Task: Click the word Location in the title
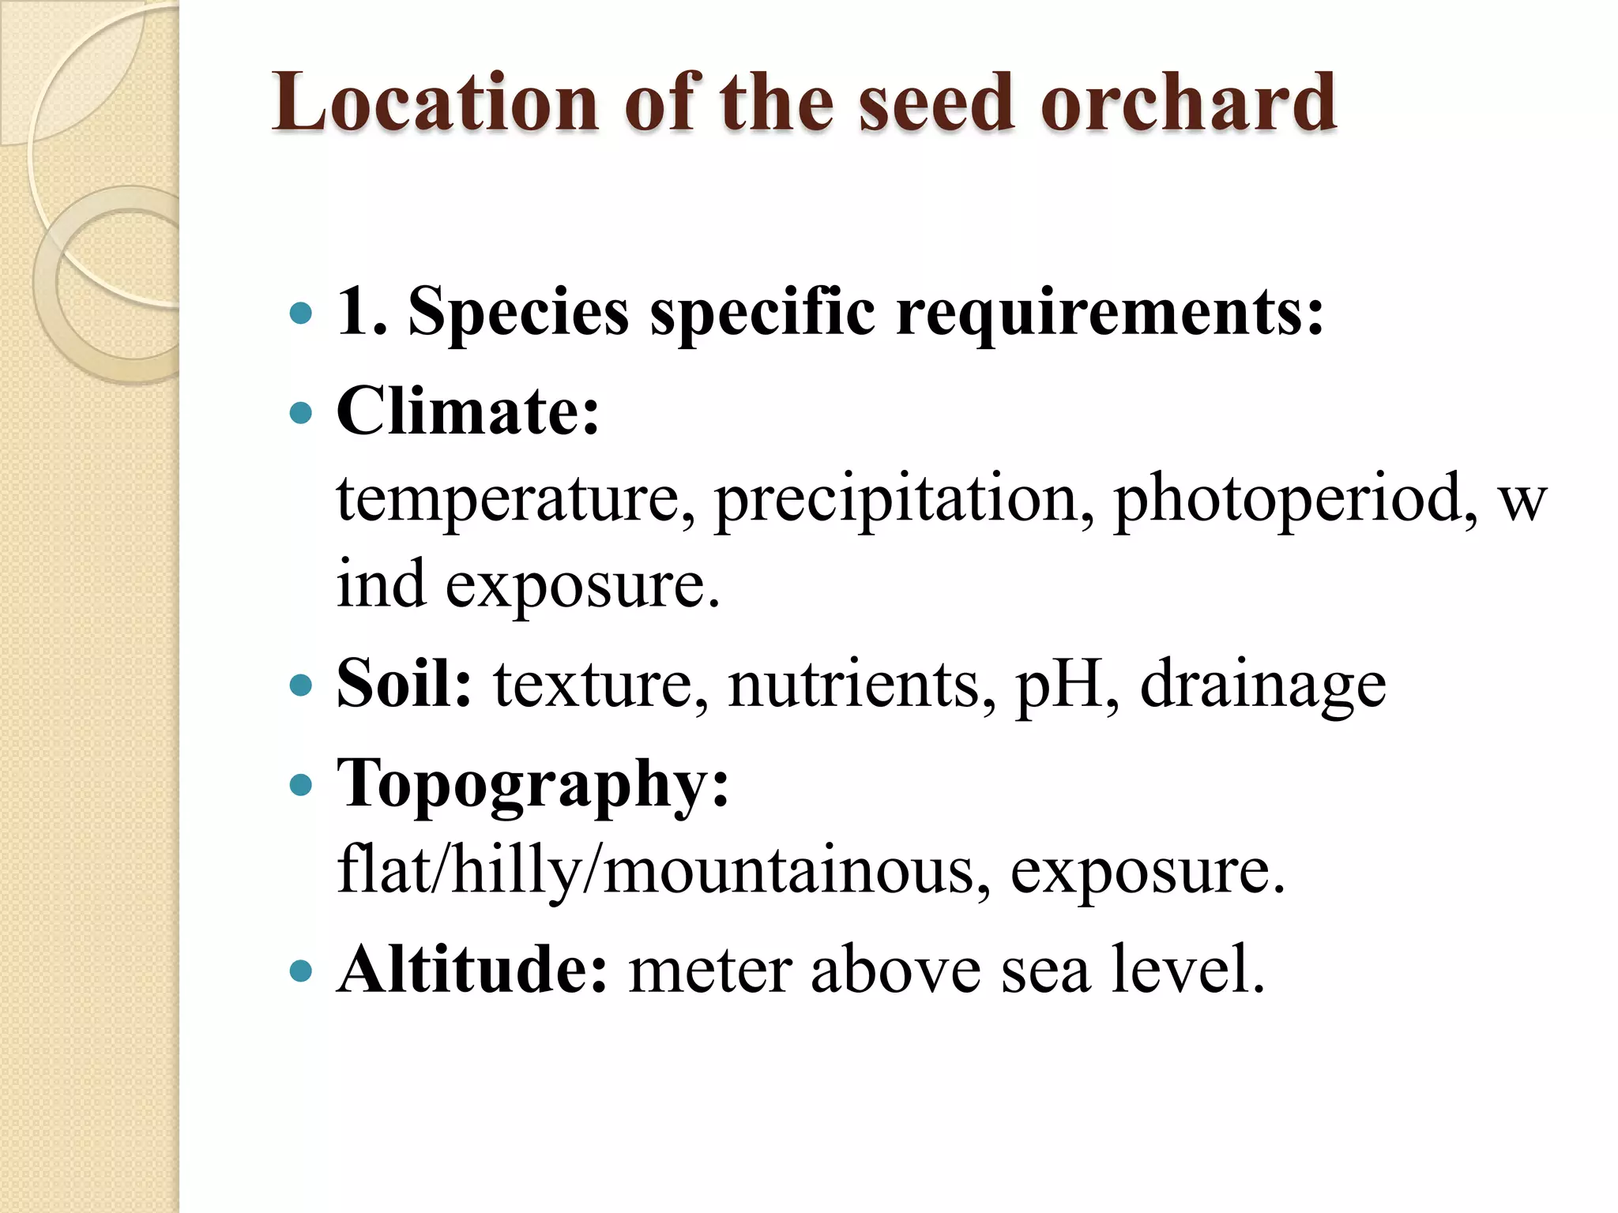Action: (x=435, y=103)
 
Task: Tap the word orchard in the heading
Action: (x=1188, y=103)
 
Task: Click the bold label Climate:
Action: (x=468, y=412)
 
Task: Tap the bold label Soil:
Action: (x=404, y=684)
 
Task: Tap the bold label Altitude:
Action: (x=472, y=970)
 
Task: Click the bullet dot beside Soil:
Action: (x=301, y=684)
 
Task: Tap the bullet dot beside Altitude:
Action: (x=301, y=970)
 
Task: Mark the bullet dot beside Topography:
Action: (x=301, y=786)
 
